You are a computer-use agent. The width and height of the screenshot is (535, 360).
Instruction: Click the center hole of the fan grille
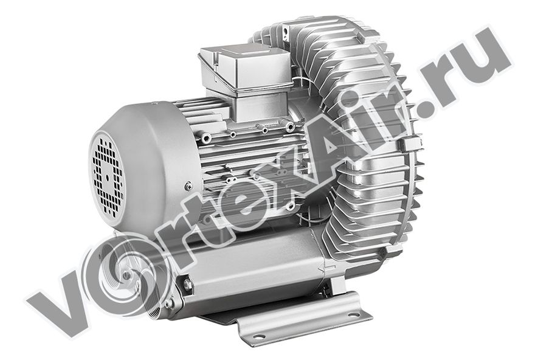[108, 178]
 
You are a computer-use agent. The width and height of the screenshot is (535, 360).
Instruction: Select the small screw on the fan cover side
[188, 186]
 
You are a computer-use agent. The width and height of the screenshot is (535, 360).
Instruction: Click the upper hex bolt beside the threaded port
[187, 283]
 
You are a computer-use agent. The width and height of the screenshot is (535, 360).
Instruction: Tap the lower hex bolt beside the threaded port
[168, 303]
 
